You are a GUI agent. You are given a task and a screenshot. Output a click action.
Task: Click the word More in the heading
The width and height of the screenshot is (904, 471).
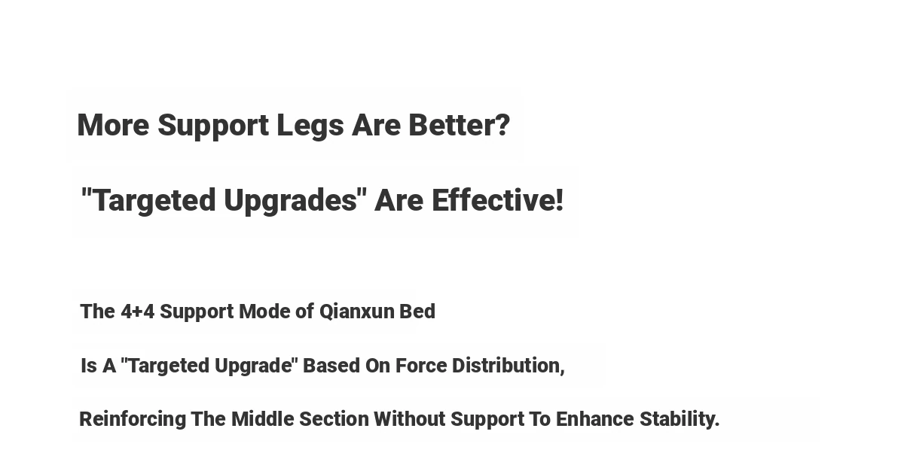click(113, 126)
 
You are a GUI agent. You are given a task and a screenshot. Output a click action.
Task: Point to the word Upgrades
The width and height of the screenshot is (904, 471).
click(290, 202)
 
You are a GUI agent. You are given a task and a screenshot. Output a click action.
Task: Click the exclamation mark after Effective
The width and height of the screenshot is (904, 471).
click(559, 200)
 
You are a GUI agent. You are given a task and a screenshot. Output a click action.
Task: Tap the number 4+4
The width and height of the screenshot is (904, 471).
click(137, 311)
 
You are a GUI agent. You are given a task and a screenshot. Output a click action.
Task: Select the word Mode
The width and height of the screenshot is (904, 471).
click(264, 311)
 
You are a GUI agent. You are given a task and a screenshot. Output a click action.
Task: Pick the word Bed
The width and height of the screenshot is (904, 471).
click(417, 311)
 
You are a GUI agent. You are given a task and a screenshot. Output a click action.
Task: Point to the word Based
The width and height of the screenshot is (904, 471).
click(331, 366)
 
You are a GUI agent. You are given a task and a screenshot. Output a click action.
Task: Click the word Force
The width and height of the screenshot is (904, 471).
click(421, 366)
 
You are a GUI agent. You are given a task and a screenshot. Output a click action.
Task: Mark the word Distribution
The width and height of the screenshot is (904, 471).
click(506, 366)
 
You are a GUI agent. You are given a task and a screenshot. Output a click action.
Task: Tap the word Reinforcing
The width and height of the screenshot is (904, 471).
click(133, 420)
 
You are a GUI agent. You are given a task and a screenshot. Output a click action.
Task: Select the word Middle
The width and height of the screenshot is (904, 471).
click(263, 419)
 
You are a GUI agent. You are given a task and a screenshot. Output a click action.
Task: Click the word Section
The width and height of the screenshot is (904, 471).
click(334, 419)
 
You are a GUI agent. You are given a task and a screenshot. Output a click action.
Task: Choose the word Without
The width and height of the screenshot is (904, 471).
click(410, 419)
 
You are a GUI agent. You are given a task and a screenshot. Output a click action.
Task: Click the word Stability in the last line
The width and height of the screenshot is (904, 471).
click(677, 420)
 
